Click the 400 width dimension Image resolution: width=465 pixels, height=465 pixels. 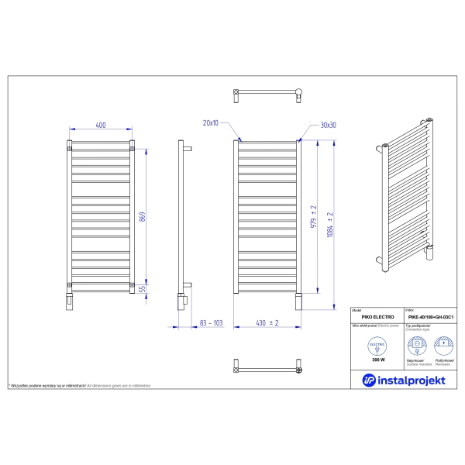coord(101,124)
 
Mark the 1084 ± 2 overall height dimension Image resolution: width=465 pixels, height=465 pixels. coord(330,225)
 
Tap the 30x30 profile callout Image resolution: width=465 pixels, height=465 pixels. coord(327,125)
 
